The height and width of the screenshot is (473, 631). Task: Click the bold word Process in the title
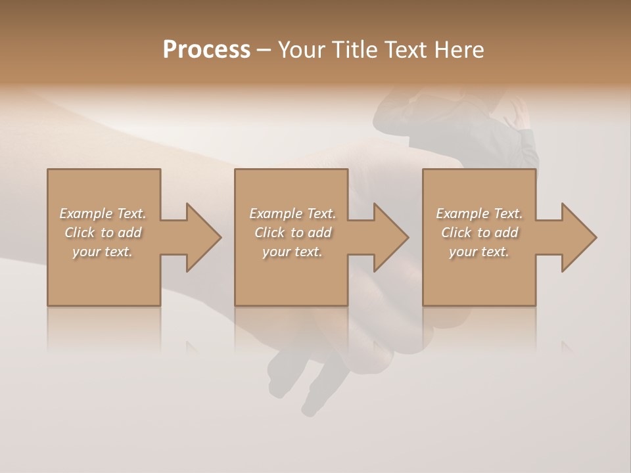[x=206, y=50]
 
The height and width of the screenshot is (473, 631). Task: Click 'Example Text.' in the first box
[x=103, y=214]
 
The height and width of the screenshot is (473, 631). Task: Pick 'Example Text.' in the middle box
[x=292, y=214]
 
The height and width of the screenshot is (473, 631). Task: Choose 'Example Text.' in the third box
[x=479, y=214]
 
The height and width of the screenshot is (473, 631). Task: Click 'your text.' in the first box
[x=102, y=252]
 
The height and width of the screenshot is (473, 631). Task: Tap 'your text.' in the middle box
[x=292, y=252]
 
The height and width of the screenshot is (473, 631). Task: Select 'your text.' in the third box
[x=479, y=252]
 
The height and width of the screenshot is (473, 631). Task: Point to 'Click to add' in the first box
[x=103, y=233]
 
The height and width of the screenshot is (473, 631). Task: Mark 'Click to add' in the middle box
[x=292, y=233]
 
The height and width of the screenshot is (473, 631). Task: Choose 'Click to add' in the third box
[x=479, y=233]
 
